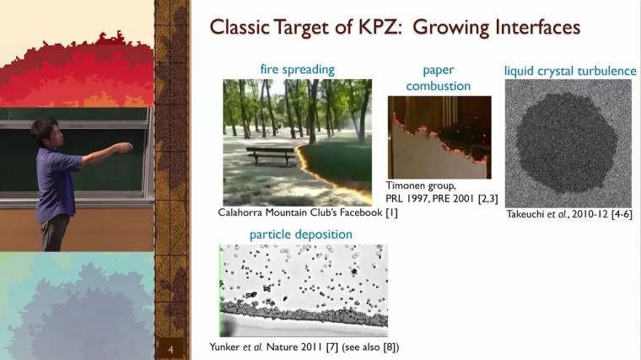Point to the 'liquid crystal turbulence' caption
[x=569, y=70]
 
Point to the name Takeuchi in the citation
[x=532, y=214]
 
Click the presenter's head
[x=44, y=130]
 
